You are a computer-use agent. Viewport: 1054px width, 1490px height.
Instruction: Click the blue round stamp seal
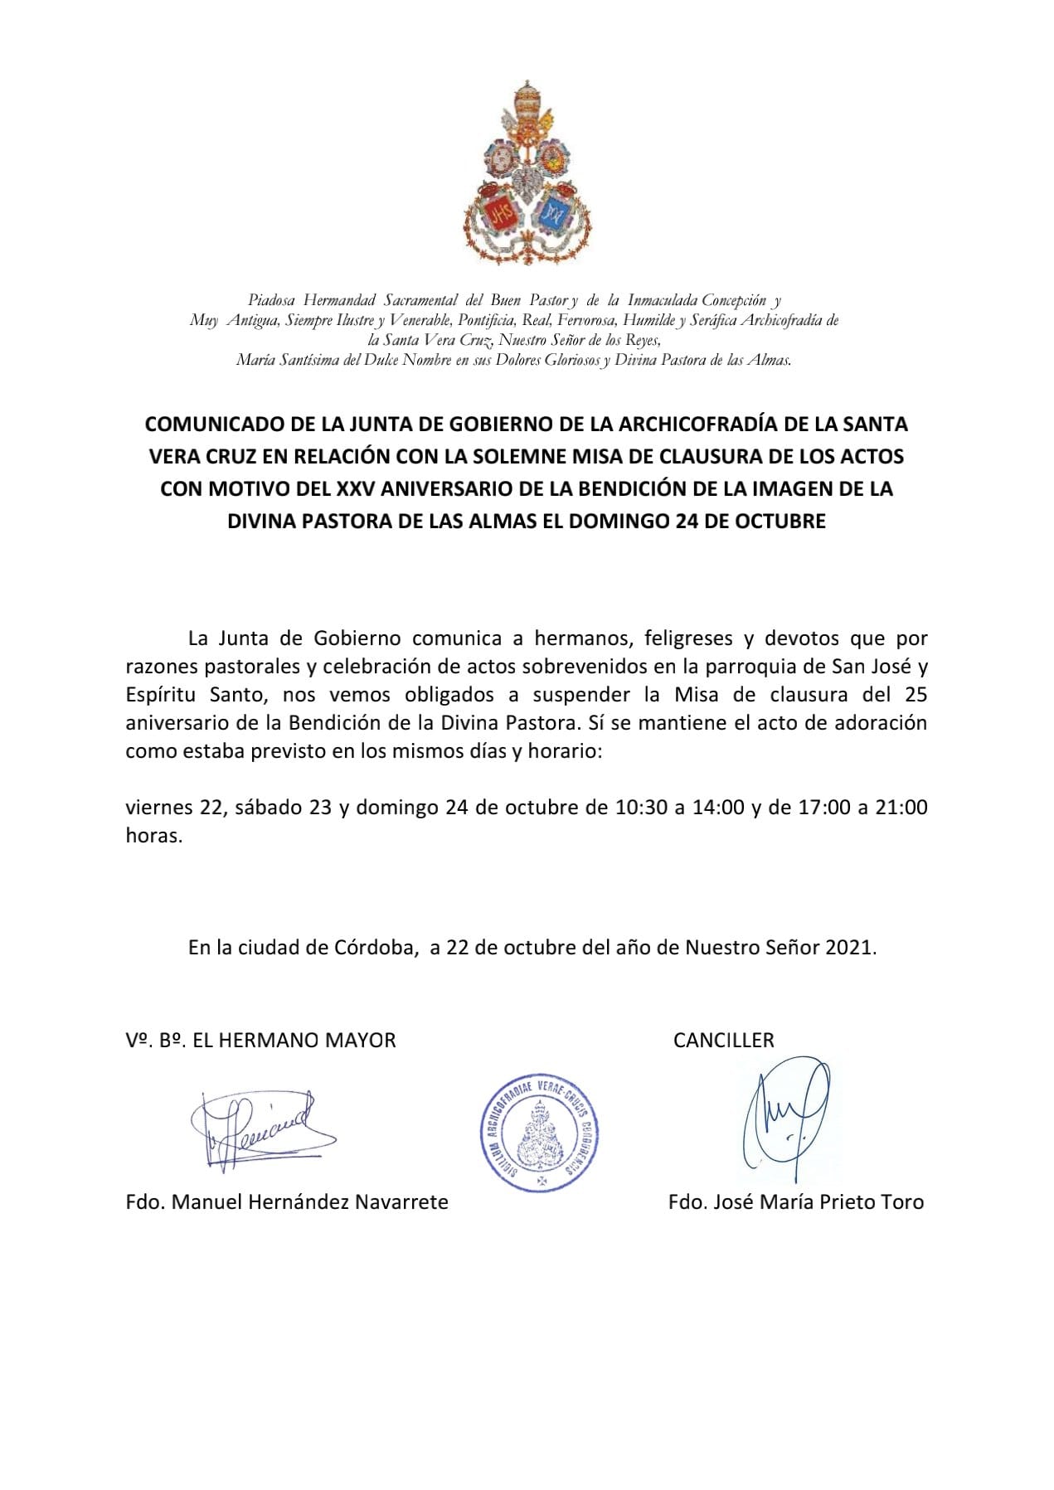[x=540, y=1133]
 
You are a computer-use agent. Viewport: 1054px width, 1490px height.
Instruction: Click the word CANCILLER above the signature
[x=723, y=1041]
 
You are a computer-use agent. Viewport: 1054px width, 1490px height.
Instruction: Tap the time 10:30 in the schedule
[x=641, y=808]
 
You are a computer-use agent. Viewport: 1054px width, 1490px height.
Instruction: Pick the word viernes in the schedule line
[x=160, y=808]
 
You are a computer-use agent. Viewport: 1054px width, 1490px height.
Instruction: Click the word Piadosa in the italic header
[x=271, y=300]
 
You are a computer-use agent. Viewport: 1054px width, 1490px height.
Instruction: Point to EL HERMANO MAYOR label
[x=294, y=1041]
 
